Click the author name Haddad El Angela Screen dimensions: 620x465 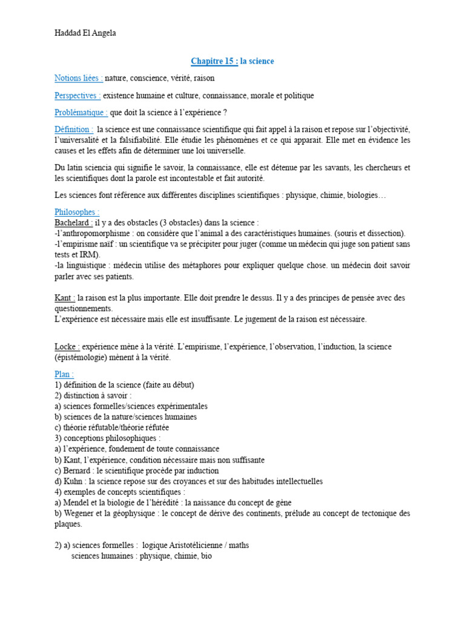click(x=84, y=33)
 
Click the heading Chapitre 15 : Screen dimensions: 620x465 click(x=215, y=61)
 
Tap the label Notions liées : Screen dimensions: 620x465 click(x=79, y=78)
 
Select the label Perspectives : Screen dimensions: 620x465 click(x=77, y=96)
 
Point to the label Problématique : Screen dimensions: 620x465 click(x=81, y=113)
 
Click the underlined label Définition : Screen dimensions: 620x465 click(x=74, y=130)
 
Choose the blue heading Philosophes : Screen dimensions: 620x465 click(x=77, y=213)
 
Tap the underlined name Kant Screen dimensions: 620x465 click(x=64, y=298)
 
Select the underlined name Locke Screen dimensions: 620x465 click(x=66, y=346)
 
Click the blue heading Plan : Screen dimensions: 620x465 click(x=64, y=374)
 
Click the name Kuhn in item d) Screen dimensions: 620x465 click(x=75, y=481)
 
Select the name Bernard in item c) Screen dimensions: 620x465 click(x=77, y=470)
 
